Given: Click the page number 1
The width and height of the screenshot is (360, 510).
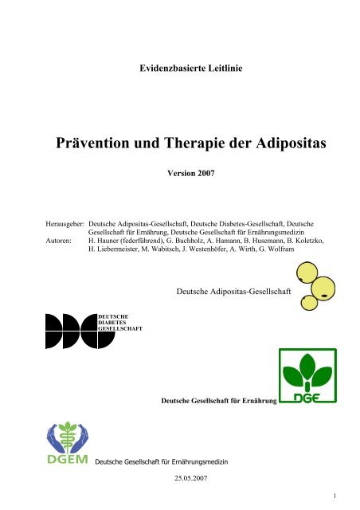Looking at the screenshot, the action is tap(337, 499).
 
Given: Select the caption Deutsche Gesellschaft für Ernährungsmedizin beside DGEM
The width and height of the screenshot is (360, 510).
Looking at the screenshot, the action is tap(164, 461).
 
